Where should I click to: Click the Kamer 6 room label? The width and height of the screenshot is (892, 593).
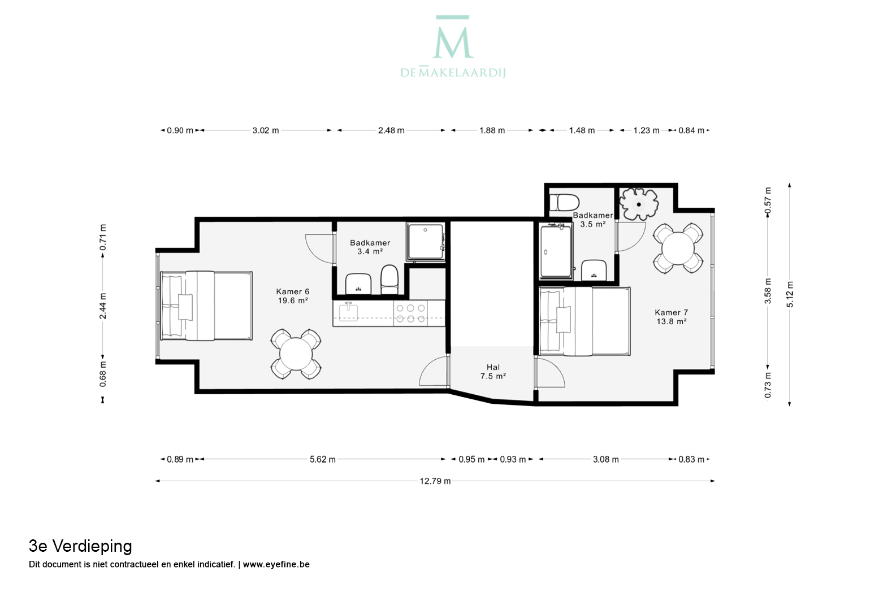pyautogui.click(x=293, y=296)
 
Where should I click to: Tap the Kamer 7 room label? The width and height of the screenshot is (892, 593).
pyautogui.click(x=672, y=317)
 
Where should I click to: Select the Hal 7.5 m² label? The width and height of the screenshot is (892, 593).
pyautogui.click(x=493, y=372)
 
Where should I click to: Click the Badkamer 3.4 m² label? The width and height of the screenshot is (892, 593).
pyautogui.click(x=370, y=247)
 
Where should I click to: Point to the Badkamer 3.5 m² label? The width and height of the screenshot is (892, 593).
pyautogui.click(x=593, y=220)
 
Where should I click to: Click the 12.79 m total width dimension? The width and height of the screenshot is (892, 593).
pyautogui.click(x=435, y=481)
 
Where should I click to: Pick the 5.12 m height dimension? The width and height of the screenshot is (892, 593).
pyautogui.click(x=790, y=294)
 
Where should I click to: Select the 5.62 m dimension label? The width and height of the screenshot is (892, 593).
pyautogui.click(x=323, y=459)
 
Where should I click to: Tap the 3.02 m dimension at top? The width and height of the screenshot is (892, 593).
pyautogui.click(x=266, y=130)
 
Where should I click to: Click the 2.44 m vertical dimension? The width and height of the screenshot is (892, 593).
pyautogui.click(x=103, y=306)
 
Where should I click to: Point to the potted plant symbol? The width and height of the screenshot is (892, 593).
pyautogui.click(x=638, y=204)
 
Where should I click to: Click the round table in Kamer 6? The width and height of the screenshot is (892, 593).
pyautogui.click(x=296, y=354)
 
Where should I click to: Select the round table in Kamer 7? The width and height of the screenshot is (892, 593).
pyautogui.click(x=678, y=248)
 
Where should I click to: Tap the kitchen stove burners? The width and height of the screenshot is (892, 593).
pyautogui.click(x=411, y=313)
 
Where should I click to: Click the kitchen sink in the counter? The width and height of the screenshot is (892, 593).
pyautogui.click(x=348, y=312)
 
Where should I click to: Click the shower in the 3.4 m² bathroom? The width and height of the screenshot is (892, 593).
pyautogui.click(x=425, y=242)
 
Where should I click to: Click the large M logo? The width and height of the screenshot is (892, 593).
pyautogui.click(x=453, y=37)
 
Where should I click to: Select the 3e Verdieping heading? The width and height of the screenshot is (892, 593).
pyautogui.click(x=80, y=547)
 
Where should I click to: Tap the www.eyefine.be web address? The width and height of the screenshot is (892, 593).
pyautogui.click(x=276, y=564)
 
